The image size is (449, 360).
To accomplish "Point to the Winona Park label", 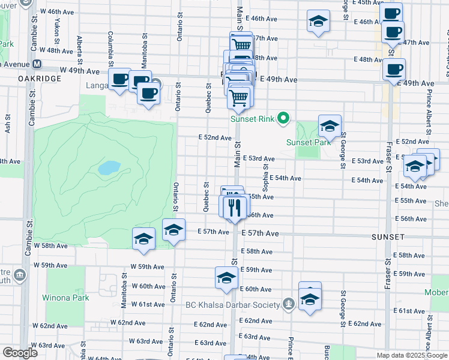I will tap(65, 298).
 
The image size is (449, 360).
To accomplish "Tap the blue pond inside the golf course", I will tap(109, 167).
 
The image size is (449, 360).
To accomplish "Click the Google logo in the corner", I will tap(20, 353).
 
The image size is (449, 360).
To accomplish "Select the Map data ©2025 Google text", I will tap(411, 355).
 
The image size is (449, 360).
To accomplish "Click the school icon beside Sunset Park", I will tap(330, 126).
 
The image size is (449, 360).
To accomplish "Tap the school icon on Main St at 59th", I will tap(226, 278).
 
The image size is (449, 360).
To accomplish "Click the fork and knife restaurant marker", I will tap(234, 208).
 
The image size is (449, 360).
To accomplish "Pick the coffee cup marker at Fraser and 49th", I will tap(394, 70).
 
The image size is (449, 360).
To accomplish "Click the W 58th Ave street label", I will tap(50, 246).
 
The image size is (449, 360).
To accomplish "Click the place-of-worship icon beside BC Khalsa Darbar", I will tap(289, 303).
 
